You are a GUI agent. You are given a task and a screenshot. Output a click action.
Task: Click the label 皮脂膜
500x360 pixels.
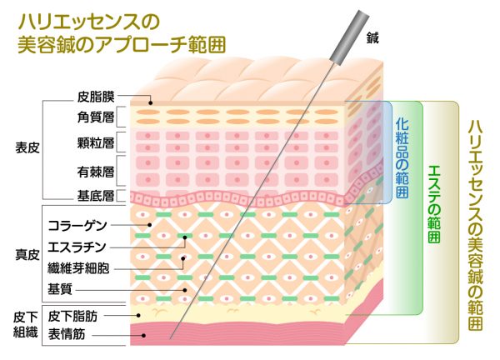(96, 97)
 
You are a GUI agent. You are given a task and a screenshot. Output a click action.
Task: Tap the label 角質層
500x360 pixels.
(96, 117)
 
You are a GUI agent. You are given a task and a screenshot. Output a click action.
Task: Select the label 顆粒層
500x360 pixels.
(96, 142)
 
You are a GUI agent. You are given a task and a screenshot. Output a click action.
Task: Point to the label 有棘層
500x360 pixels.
(96, 172)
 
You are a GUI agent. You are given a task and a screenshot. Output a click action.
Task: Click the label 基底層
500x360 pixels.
(96, 196)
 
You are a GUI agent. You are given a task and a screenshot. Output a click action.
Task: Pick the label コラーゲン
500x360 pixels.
(77, 226)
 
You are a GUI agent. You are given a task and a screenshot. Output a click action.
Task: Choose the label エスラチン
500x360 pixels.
(77, 247)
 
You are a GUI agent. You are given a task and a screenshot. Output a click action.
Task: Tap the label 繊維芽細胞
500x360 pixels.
(78, 268)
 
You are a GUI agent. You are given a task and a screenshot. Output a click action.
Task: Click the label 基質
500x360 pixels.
(60, 289)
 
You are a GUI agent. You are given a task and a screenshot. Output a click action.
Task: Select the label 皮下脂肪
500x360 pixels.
(72, 316)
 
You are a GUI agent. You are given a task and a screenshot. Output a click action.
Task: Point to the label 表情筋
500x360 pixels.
(67, 334)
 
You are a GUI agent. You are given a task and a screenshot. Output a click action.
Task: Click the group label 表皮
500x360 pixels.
(27, 147)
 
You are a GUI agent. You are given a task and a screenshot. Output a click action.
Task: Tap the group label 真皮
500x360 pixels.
(27, 255)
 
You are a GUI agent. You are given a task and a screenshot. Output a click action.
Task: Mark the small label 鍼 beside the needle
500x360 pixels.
(372, 38)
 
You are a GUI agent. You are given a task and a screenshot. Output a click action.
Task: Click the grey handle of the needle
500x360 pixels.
(349, 37)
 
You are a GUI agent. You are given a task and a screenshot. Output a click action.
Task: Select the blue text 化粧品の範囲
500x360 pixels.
(402, 157)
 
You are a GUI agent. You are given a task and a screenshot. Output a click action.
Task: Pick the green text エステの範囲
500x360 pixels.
(434, 204)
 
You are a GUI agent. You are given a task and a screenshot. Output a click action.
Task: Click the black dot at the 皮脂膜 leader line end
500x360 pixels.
(151, 103)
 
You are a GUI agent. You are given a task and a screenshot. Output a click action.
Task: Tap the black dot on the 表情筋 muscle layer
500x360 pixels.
(144, 336)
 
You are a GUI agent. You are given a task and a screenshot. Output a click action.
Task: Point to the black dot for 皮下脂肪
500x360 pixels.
(138, 315)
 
